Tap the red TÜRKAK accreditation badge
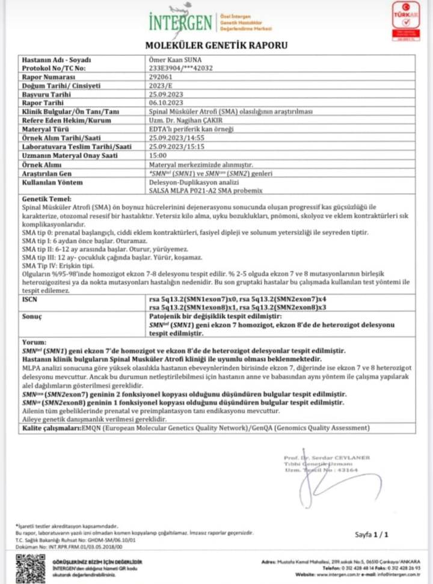coord(406,20)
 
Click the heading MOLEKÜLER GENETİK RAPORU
coord(216,46)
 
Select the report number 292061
coord(159,78)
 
